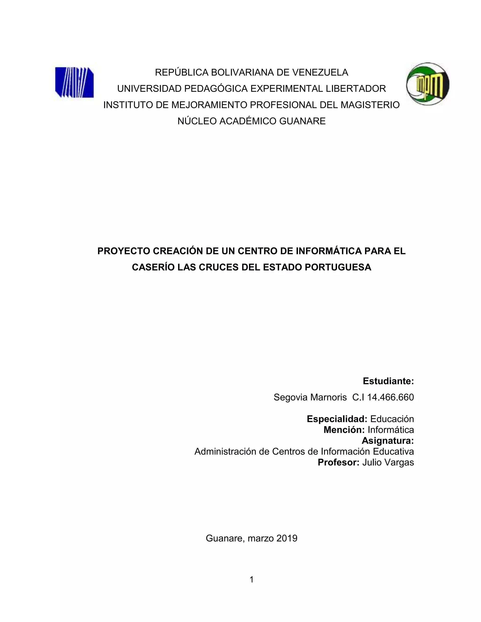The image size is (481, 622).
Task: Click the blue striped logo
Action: coord(74,82)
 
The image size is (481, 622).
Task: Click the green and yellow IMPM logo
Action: coord(428,84)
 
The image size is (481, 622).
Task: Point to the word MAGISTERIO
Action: coord(370,105)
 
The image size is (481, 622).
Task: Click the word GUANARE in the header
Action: coord(302,121)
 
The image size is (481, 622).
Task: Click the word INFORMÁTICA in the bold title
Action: coord(329,251)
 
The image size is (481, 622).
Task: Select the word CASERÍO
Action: coord(153,267)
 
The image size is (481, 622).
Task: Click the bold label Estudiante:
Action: coord(388,381)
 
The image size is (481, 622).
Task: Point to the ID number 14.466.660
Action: coord(390,397)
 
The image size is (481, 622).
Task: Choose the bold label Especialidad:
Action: coord(337,419)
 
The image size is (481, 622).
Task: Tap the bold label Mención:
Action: coord(344,430)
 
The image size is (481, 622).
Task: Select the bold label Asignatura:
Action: coord(388,441)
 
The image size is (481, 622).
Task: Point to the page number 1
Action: coord(251,580)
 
